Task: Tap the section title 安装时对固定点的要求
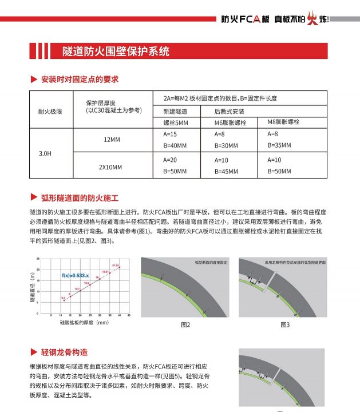(80, 79)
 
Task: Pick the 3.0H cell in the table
(45, 154)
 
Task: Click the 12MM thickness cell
(112, 140)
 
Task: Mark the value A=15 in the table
(171, 134)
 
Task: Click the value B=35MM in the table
(279, 145)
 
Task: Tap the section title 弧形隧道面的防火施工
(80, 198)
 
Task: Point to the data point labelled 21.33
(114, 266)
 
